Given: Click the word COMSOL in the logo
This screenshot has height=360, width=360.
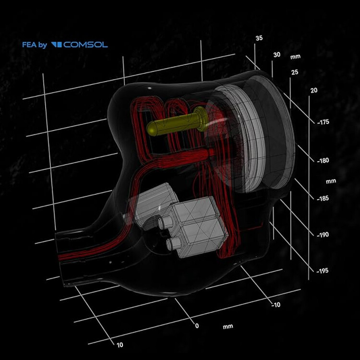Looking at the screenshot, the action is (x=85, y=45).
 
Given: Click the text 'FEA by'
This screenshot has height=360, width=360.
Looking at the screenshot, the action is (x=35, y=45).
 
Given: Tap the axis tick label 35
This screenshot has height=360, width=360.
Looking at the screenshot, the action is (x=259, y=38).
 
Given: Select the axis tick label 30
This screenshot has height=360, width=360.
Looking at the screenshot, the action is (x=277, y=55).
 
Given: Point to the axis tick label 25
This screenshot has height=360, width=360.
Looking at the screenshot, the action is (x=295, y=72).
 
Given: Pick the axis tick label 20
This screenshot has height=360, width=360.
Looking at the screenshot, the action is (x=314, y=90).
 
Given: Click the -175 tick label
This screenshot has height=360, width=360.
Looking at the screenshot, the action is (x=323, y=122).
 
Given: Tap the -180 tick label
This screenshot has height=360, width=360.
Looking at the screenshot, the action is (x=323, y=160).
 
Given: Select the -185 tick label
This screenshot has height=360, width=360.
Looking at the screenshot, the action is (x=323, y=198).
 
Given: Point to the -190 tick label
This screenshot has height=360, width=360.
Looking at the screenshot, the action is (x=323, y=235).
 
